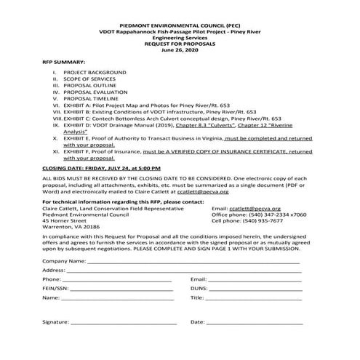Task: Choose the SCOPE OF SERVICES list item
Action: click(x=94, y=81)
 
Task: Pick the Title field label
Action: click(x=197, y=297)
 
